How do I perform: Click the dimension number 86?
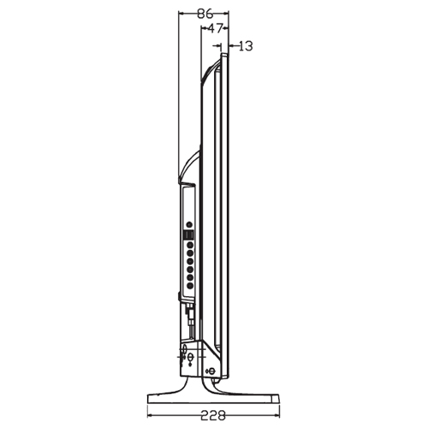205,14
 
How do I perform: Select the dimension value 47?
215,28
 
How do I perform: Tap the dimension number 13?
245,46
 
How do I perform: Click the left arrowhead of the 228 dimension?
150,415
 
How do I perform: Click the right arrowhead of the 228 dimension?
276,415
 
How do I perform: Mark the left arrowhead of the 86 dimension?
181,13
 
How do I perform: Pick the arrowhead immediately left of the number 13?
232,45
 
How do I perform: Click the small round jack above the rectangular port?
189,225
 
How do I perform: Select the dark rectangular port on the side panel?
188,235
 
